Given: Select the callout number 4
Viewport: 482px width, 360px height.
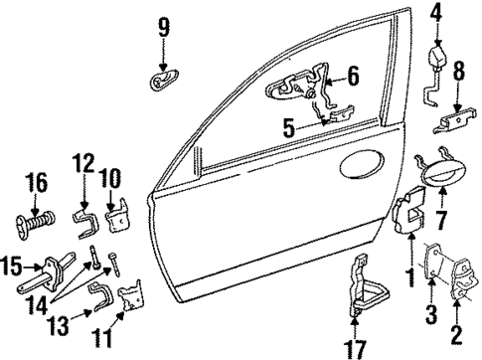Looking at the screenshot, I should coord(434,13).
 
